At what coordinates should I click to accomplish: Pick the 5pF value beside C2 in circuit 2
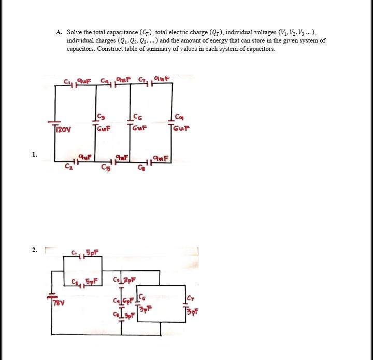point(92,282)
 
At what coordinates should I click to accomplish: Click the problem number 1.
point(34,154)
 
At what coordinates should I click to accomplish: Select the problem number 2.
point(34,250)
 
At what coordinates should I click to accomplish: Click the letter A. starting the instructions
point(59,32)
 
